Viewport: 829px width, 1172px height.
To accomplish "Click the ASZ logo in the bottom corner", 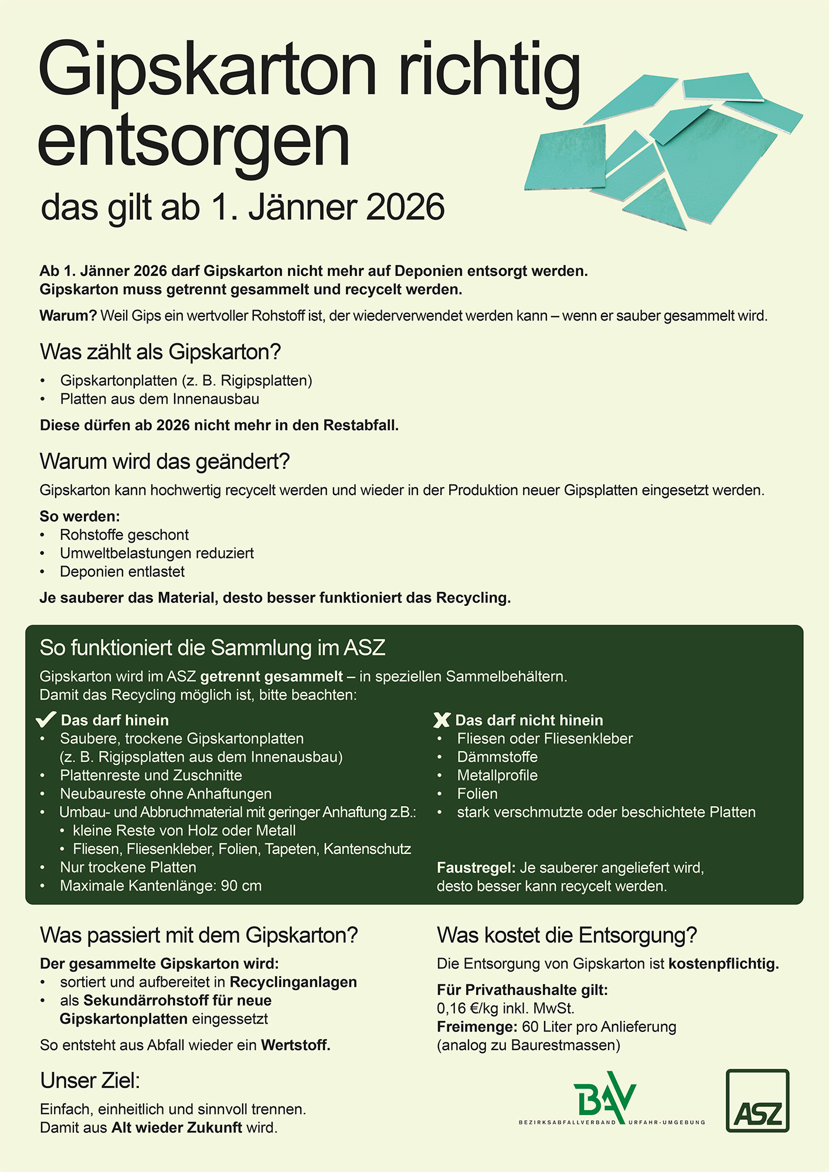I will pyautogui.click(x=757, y=1101).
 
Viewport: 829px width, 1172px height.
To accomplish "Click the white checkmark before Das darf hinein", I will pyautogui.click(x=46, y=720).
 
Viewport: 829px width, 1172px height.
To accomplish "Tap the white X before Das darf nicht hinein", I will pyautogui.click(x=441, y=720).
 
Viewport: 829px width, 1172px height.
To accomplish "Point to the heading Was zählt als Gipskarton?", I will pyautogui.click(x=160, y=352).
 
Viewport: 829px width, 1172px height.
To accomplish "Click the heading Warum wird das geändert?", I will pyautogui.click(x=165, y=462).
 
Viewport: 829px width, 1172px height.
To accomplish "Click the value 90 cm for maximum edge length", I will pyautogui.click(x=241, y=885).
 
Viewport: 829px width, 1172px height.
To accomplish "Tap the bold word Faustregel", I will pyautogui.click(x=476, y=867).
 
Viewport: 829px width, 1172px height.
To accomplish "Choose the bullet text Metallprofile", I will pyautogui.click(x=497, y=775).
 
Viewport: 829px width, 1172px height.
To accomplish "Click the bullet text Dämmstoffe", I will pyautogui.click(x=497, y=757).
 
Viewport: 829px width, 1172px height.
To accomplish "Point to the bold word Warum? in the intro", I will pyautogui.click(x=68, y=316).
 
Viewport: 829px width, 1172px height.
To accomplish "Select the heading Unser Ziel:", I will pyautogui.click(x=90, y=1081).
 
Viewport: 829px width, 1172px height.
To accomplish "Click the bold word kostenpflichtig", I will pyautogui.click(x=723, y=963).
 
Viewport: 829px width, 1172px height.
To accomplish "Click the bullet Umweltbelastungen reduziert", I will pyautogui.click(x=157, y=553).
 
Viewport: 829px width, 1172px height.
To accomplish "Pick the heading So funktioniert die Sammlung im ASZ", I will pyautogui.click(x=212, y=648).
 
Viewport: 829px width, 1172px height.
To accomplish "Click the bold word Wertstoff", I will pyautogui.click(x=295, y=1045).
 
